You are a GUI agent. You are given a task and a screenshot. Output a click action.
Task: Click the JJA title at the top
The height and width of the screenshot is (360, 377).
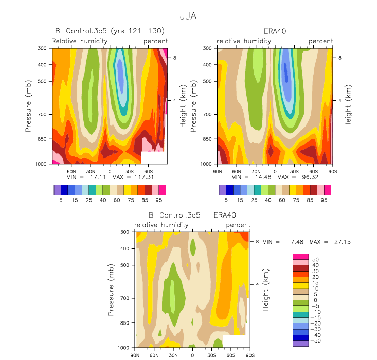[188, 16]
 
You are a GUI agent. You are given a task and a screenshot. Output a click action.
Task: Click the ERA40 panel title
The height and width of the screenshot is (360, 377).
[275, 31]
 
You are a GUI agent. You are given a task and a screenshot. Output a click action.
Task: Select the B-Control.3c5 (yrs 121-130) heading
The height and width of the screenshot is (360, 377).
[110, 31]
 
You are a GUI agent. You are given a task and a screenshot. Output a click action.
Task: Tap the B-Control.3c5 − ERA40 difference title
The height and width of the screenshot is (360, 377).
[192, 215]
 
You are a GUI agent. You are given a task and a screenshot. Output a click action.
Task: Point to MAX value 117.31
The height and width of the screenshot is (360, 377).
[144, 177]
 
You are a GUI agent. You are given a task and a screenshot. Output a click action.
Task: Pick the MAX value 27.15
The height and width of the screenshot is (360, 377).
[343, 242]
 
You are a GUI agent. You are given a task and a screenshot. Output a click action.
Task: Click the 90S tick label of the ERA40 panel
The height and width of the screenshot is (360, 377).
[333, 172]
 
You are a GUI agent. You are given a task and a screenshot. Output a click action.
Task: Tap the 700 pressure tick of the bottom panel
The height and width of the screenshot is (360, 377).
[124, 298]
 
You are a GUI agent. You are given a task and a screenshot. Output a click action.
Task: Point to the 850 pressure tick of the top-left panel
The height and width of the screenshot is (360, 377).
[42, 139]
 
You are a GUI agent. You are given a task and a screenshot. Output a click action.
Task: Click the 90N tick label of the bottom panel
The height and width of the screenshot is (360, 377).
[135, 355]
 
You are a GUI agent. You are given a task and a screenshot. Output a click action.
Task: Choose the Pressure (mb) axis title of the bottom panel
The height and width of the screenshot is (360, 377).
[111, 290]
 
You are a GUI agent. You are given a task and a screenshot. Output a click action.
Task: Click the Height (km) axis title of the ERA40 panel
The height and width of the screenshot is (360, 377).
[348, 106]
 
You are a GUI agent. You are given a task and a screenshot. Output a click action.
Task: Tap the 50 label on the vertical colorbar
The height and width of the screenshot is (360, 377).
[315, 260]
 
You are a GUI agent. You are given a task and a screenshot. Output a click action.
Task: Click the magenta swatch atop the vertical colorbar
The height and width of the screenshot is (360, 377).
[300, 257]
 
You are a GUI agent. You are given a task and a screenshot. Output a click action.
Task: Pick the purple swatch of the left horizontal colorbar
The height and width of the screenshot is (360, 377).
[58, 190]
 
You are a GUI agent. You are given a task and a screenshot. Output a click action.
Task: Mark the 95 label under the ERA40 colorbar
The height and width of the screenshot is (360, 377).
[324, 200]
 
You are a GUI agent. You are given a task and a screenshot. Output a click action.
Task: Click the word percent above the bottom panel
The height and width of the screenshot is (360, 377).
[238, 225]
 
